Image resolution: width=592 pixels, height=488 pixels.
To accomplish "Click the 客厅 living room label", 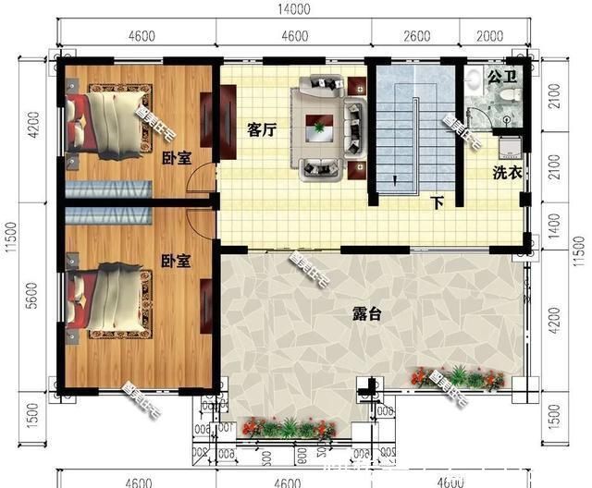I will pos(263,130).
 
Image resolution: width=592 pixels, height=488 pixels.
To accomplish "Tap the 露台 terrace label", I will pos(367,314).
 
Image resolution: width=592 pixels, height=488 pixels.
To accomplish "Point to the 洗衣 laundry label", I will pos(505,172).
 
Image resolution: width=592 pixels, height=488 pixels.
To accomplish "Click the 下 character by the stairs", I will pos(438,203).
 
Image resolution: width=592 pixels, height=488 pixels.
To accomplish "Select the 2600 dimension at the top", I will pos(417,36).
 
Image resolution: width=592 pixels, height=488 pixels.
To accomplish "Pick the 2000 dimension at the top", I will pos(492,36).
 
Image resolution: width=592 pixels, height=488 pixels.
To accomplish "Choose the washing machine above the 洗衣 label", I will pos(508,148).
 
